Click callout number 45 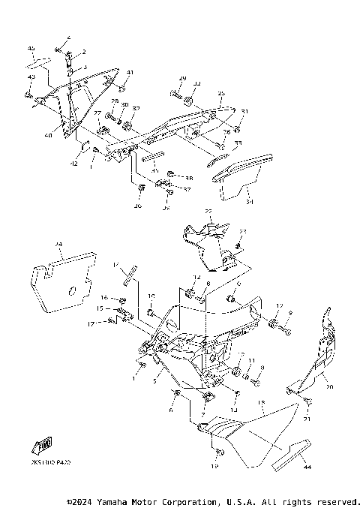(31, 48)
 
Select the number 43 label (31, 77)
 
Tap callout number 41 (129, 72)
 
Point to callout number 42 (74, 163)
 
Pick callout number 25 (221, 94)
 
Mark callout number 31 (244, 112)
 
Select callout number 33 (238, 143)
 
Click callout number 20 (328, 388)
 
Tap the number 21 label (306, 419)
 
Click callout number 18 (261, 403)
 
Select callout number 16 (104, 298)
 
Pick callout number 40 (48, 135)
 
